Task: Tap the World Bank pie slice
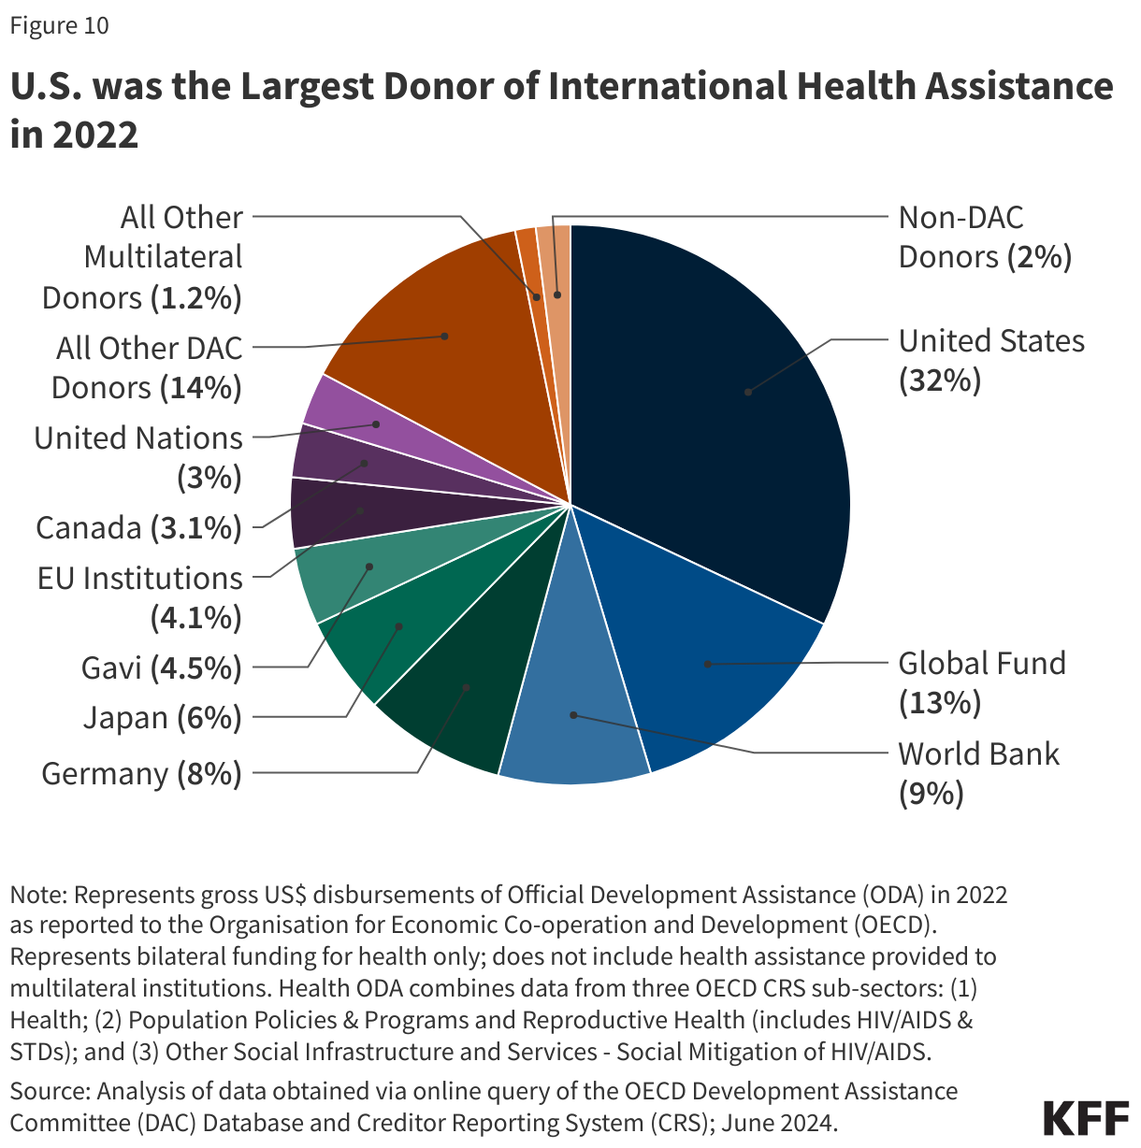[575, 720]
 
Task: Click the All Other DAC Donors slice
[440, 337]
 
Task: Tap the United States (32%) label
[991, 361]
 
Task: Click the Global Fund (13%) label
[982, 682]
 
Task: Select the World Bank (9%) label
[978, 773]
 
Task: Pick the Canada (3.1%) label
[138, 528]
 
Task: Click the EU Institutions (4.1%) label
[140, 597]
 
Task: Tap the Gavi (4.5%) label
[161, 667]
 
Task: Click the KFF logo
[1085, 1118]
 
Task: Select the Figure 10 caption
[60, 26]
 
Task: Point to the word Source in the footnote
[48, 1092]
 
